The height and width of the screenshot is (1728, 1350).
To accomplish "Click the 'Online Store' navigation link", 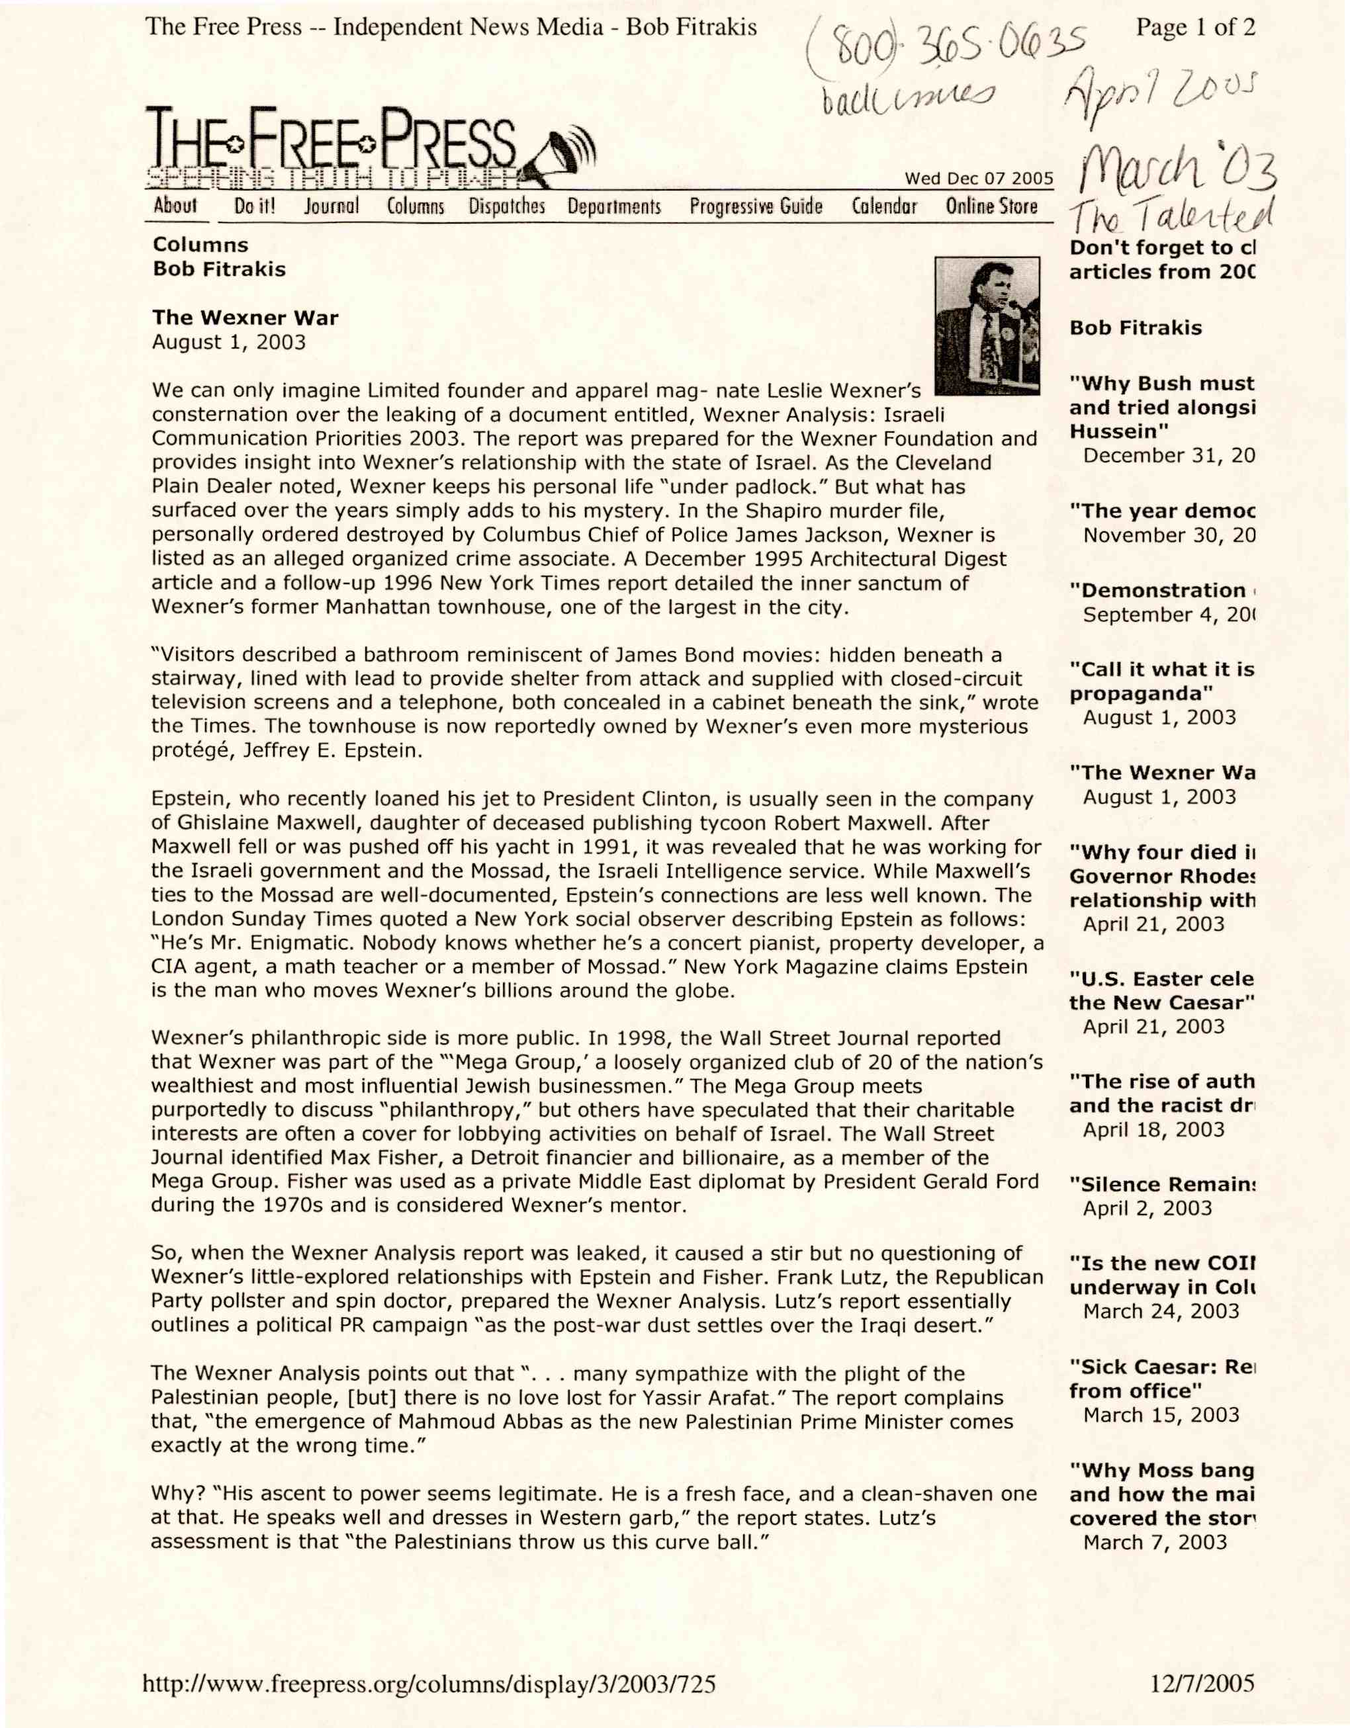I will (991, 206).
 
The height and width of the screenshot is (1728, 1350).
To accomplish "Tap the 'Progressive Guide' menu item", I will (756, 206).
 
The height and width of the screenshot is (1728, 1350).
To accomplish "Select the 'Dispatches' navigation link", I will (506, 206).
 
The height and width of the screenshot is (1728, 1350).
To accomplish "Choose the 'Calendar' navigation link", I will (884, 206).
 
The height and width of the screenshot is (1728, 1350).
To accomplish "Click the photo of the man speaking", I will (987, 325).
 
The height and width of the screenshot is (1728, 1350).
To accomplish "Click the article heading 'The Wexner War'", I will (246, 318).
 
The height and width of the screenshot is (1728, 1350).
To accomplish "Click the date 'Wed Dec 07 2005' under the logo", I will (979, 178).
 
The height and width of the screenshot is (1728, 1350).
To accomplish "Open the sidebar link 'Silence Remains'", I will (1161, 1184).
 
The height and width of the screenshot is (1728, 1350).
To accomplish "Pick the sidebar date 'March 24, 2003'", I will (1160, 1311).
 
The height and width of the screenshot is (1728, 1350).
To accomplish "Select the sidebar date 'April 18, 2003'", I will (1153, 1129).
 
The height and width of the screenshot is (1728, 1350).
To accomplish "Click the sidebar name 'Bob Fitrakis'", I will (1135, 327).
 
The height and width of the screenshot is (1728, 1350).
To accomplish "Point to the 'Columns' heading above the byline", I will (201, 245).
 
